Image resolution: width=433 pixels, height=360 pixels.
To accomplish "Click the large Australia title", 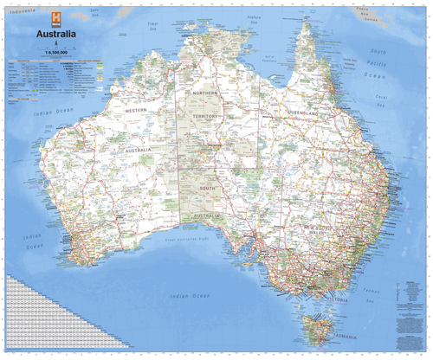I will coord(55,35).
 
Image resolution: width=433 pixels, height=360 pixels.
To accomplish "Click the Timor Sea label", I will coord(156,26).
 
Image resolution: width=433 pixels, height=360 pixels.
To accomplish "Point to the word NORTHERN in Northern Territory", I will coord(206,93).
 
